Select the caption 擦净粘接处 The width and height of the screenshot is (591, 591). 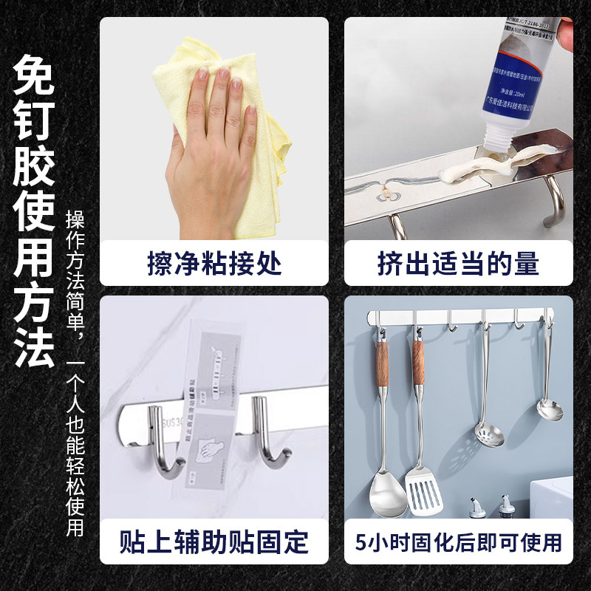coord(213,264)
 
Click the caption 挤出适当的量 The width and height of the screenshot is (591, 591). coord(458,264)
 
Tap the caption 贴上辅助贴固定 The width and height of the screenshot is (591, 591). coord(213,542)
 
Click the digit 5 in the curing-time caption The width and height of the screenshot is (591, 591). coord(361,543)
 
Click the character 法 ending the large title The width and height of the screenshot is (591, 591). coord(34,347)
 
